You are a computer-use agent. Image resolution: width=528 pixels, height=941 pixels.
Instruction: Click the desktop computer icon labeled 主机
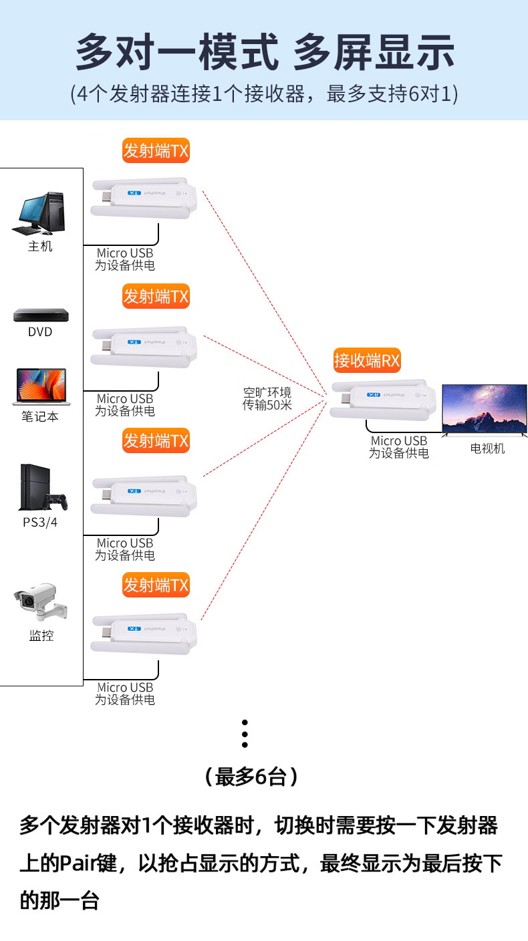click(39, 213)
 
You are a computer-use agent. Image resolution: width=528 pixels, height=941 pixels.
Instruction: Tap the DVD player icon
click(41, 315)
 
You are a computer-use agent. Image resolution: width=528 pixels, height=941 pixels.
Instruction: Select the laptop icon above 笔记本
click(39, 387)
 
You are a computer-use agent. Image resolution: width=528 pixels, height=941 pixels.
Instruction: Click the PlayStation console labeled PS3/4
click(42, 488)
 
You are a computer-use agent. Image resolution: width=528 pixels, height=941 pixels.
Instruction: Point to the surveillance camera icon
click(41, 603)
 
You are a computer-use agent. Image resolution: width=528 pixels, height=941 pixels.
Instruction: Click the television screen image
click(484, 409)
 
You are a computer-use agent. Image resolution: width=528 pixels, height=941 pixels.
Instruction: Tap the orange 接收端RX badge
click(367, 362)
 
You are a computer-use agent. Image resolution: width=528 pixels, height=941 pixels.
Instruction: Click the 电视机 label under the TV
click(487, 448)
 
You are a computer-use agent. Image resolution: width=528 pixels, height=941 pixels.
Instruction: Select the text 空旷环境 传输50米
click(267, 398)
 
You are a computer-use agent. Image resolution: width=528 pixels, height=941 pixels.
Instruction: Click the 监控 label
click(41, 636)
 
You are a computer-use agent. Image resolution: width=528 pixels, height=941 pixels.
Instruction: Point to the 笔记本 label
click(39, 416)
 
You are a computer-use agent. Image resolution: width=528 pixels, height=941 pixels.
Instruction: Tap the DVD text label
click(40, 332)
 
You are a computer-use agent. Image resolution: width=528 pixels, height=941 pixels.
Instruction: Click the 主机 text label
click(40, 247)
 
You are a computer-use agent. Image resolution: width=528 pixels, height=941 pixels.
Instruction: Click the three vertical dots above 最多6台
click(245, 733)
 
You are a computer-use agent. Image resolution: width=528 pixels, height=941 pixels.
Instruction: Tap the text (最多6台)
click(251, 777)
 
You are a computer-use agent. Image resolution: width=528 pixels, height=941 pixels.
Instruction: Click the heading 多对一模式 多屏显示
click(265, 52)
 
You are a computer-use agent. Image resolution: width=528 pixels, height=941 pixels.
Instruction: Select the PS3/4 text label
click(40, 522)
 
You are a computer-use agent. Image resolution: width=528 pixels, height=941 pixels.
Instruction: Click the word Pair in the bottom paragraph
click(80, 863)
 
